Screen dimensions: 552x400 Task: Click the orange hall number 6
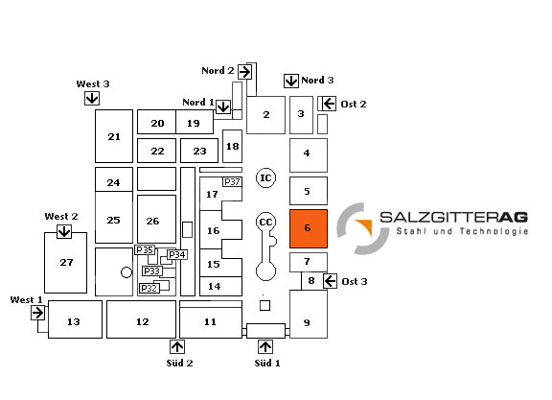coord(309,228)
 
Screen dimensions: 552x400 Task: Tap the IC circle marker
coord(265,178)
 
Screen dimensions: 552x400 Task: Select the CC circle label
coord(265,222)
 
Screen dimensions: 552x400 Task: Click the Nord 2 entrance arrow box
coord(244,72)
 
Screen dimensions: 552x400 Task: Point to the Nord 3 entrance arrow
coord(291,82)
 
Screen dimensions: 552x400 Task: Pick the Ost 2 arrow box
coord(329,104)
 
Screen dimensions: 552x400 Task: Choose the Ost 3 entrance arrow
coord(330,281)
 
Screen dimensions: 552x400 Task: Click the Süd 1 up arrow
coord(265,347)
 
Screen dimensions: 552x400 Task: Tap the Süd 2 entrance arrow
coord(177,347)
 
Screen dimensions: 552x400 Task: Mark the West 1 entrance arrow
coord(37,313)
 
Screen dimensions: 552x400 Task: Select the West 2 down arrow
coord(64,232)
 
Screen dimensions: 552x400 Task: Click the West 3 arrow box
coord(92,98)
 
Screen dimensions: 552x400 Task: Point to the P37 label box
coord(232,182)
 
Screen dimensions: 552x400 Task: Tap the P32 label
coord(149,288)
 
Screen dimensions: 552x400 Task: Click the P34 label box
coord(177,254)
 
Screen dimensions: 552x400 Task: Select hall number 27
coord(65,263)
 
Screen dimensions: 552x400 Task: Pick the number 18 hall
coord(232,146)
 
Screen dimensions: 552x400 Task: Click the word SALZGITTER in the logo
coord(439,217)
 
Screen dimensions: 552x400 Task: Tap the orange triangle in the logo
coord(365,226)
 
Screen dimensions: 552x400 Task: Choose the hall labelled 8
coord(311,281)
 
